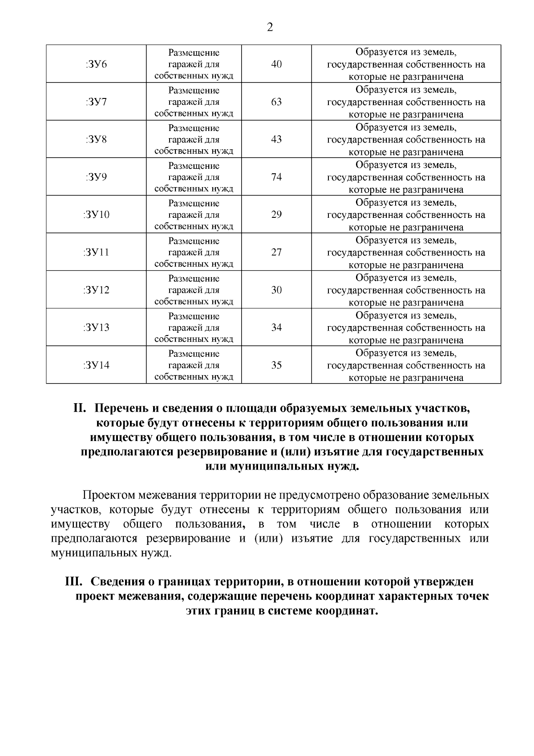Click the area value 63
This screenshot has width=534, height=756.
pos(276,102)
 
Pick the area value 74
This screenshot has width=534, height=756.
pos(276,177)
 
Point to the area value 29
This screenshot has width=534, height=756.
pos(276,215)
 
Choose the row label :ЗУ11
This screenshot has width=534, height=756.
pos(96,253)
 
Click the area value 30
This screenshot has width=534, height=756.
pos(276,290)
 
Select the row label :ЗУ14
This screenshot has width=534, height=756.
pos(96,365)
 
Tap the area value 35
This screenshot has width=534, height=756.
pos(276,365)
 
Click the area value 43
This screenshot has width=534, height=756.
pos(276,139)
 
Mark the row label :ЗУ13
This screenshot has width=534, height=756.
pos(96,328)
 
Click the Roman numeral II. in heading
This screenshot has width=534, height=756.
pos(81,409)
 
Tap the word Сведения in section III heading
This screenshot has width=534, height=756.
pos(120,582)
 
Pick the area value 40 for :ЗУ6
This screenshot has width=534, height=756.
pos(276,64)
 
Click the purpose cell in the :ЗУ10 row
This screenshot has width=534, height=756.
pos(194,215)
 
